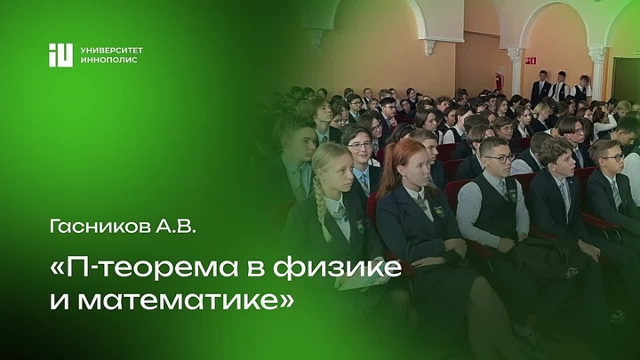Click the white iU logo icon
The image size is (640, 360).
point(60,55)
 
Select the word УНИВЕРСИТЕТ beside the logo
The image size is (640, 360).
point(111,51)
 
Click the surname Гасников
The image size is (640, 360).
point(100,227)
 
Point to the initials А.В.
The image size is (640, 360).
point(175,227)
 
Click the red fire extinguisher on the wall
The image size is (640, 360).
point(498,80)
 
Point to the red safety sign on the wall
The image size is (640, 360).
point(530,60)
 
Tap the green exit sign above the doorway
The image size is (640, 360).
point(636,53)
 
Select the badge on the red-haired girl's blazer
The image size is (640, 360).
point(438,211)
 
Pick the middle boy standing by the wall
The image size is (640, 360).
point(559,86)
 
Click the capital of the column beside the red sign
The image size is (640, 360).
point(516,54)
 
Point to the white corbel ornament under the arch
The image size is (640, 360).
point(430,47)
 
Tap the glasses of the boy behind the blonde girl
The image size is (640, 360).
point(360,145)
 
